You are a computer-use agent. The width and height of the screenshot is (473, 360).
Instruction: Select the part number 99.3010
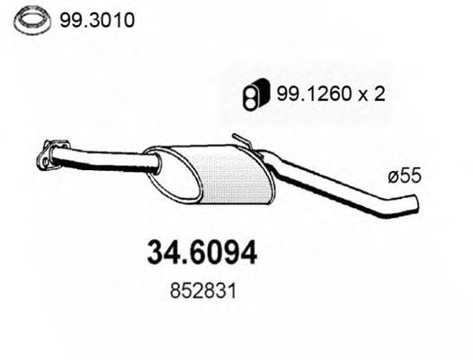92,20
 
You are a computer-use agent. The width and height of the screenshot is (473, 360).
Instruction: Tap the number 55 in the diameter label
410,180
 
